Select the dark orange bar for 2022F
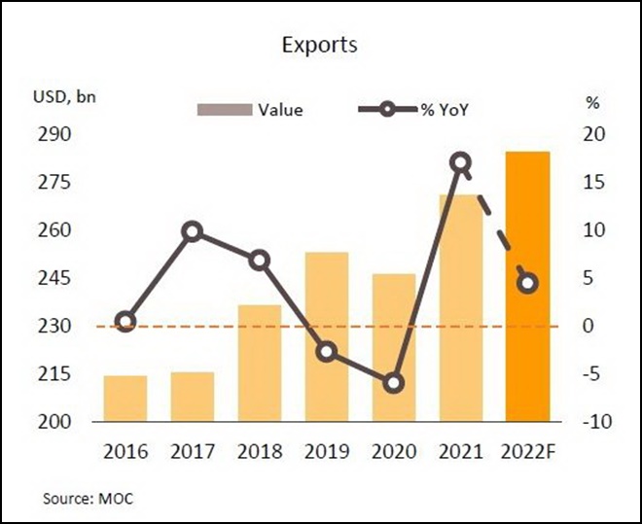pos(528,287)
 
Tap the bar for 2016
pos(125,399)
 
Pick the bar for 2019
pos(327,336)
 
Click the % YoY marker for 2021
pos(461,162)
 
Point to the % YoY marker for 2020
pos(394,383)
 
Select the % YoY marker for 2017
pos(193,231)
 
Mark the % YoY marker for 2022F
pos(528,283)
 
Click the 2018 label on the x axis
pos(260,452)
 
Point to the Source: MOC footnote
pos(88,499)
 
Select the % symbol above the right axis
pos(591,101)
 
